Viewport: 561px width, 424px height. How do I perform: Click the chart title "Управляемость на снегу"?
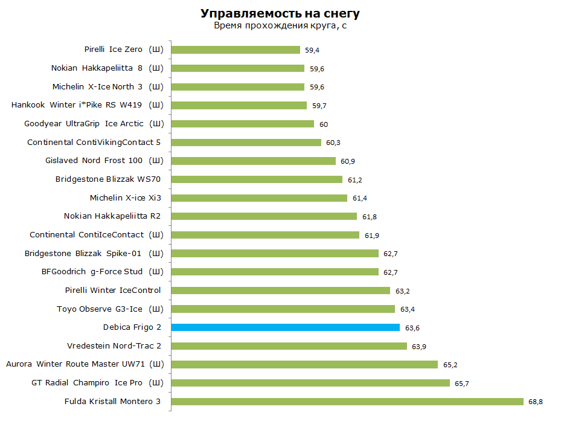280,14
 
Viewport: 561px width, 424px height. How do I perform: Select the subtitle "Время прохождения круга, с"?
280,26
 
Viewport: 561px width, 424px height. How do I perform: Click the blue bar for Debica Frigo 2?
285,327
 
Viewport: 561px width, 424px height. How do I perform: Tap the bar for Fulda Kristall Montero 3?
347,402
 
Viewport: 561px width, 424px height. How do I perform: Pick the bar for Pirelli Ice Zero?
236,50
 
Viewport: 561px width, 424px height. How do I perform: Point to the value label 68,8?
535,402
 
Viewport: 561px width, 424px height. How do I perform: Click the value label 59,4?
312,50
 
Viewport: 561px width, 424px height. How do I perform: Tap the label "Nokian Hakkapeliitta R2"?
112,216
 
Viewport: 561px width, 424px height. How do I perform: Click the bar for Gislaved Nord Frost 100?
253,161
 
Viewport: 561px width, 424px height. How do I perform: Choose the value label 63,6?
412,328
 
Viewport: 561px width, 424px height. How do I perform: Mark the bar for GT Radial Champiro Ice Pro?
310,383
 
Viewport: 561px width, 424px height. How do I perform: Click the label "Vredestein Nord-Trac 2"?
114,345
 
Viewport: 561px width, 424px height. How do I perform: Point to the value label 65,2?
450,365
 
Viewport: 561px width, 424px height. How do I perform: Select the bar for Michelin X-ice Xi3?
259,198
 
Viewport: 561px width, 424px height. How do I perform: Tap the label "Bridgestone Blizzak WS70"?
108,179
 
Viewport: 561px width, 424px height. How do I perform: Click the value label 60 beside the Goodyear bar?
324,124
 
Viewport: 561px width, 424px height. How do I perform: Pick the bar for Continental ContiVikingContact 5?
246,143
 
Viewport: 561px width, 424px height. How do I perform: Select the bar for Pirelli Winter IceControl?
280,290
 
